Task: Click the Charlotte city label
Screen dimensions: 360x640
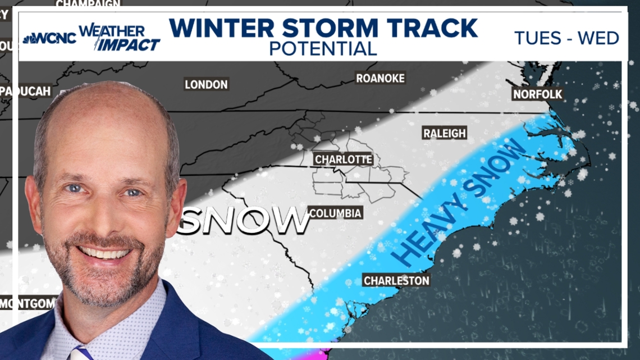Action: [x=344, y=160]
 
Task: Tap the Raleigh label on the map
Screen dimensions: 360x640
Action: [x=444, y=133]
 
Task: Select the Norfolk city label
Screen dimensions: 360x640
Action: [x=537, y=94]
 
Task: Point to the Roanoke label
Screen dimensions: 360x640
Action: [x=380, y=79]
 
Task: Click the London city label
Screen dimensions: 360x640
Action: [x=206, y=85]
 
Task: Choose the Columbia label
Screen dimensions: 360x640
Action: [x=335, y=213]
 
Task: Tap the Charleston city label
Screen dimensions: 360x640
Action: [x=396, y=280]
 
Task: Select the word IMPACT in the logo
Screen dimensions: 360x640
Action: [x=127, y=44]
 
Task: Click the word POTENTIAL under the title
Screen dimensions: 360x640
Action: [x=323, y=49]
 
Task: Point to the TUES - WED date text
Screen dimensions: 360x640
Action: [x=566, y=38]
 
